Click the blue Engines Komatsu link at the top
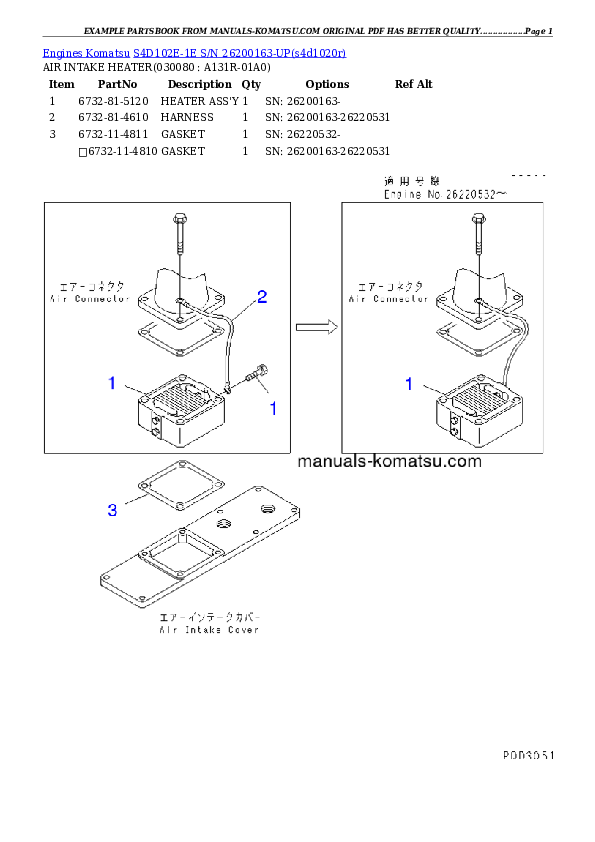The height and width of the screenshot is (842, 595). [x=194, y=52]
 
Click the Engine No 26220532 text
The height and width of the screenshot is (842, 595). [x=446, y=196]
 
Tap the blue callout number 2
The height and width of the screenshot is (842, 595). [x=262, y=296]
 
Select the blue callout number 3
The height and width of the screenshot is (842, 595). [x=112, y=510]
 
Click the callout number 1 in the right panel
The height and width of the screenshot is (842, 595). [x=408, y=383]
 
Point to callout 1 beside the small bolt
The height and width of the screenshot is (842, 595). [x=272, y=408]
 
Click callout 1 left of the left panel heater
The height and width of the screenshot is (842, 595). [x=112, y=383]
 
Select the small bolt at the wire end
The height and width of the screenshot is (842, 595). [x=256, y=376]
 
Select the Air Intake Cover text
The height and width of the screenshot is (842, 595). [x=209, y=630]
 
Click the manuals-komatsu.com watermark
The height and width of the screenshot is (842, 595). [x=390, y=461]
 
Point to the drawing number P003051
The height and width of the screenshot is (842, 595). [x=528, y=757]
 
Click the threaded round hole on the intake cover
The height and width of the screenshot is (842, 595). [x=267, y=510]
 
